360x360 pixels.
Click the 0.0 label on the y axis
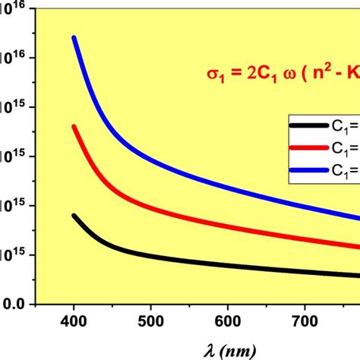(x=15, y=304)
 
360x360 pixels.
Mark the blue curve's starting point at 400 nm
(x=74, y=37)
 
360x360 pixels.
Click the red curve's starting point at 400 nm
(x=74, y=126)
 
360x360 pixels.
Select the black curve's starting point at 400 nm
(x=74, y=216)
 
